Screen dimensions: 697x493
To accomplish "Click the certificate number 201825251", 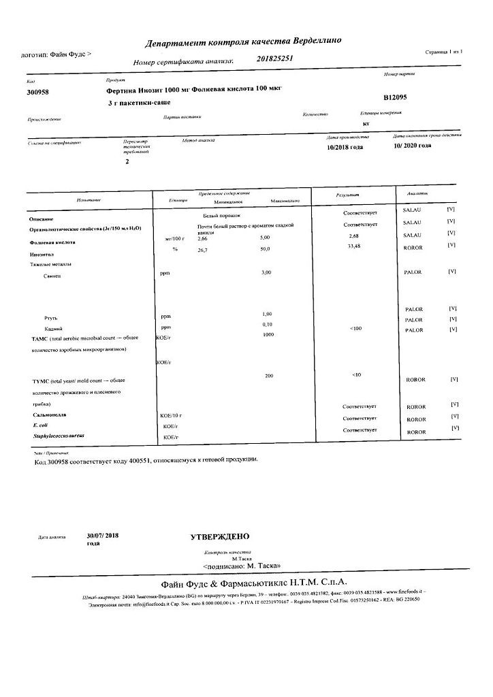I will (275, 59).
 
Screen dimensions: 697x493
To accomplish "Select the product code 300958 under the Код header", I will (37, 91).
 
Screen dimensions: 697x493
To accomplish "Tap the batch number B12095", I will (395, 97).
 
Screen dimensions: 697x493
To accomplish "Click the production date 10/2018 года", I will (345, 146).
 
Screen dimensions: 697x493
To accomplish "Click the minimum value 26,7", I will (202, 249).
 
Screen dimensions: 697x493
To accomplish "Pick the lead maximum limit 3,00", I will (266, 272).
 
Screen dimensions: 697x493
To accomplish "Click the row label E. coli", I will (41, 425).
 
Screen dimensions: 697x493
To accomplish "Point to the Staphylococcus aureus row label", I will (56, 435).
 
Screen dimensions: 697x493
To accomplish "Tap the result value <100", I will (355, 328).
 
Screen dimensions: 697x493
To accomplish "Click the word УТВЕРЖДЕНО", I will (219, 537).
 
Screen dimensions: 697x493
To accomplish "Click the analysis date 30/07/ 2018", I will (104, 536).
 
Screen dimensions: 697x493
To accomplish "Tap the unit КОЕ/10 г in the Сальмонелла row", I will (171, 415).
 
